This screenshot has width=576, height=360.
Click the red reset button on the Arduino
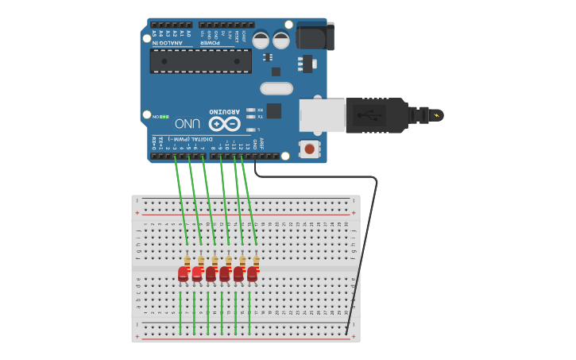308,148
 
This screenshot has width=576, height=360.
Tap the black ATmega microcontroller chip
200,61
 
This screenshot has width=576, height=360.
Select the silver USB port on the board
322,115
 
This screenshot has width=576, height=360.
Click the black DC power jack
315,36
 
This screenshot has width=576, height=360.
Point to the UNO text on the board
187,123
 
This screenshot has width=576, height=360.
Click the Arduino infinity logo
224,124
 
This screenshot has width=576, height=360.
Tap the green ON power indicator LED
164,117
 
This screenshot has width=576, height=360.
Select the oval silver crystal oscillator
276,88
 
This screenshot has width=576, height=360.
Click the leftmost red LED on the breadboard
184,274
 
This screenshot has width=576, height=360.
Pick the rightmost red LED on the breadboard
253,274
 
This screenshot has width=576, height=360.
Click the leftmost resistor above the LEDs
187,261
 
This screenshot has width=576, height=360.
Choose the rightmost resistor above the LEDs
256,261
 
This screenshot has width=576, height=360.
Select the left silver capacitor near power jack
261,39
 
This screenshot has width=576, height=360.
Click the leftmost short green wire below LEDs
180,312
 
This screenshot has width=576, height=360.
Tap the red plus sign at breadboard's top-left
137,213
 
